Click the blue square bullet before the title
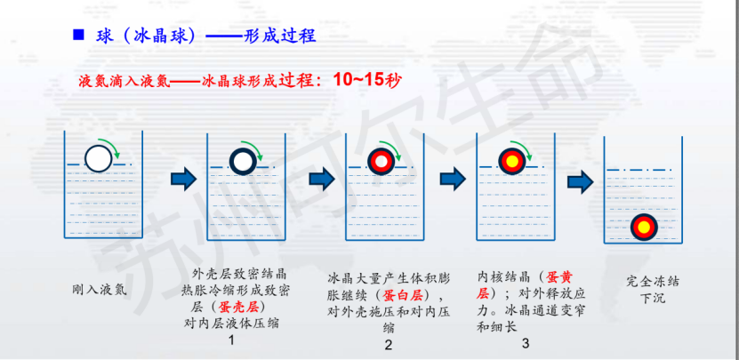(x=78, y=35)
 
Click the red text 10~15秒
(x=367, y=80)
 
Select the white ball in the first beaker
(x=99, y=159)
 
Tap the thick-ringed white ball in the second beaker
(x=243, y=161)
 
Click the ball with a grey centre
(x=382, y=161)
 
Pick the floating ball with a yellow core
(x=512, y=161)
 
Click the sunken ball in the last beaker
(x=644, y=228)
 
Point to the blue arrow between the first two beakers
(x=184, y=179)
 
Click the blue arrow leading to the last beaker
(x=581, y=182)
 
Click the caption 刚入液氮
(x=100, y=289)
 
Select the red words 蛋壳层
(x=239, y=308)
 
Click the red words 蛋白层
(x=403, y=295)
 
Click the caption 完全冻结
(x=653, y=282)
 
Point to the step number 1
(x=230, y=340)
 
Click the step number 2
(x=389, y=345)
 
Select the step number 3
(x=526, y=343)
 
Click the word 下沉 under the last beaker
(x=653, y=298)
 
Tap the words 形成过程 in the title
(x=280, y=36)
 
